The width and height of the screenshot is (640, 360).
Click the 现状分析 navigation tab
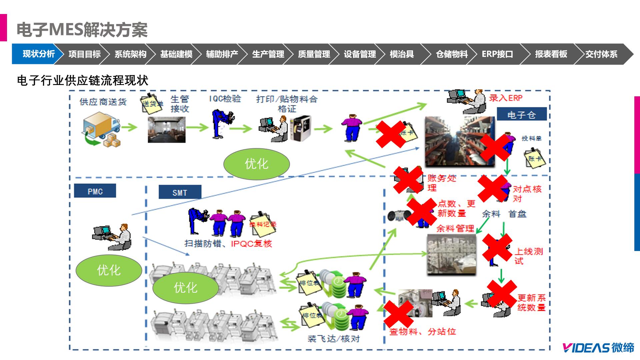tap(38, 54)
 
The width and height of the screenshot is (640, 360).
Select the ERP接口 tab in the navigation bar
tap(497, 54)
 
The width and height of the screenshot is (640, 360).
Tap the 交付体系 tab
tap(601, 54)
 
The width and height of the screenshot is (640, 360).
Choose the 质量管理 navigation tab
tap(314, 54)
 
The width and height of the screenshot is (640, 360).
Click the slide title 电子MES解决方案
tap(82, 30)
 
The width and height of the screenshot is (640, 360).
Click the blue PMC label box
tap(95, 191)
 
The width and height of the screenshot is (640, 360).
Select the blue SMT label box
tap(180, 192)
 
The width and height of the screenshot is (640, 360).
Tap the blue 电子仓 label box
tap(521, 115)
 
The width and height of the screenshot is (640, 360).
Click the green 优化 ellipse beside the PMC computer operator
tap(109, 270)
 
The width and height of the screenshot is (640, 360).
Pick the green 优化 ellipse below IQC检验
tap(256, 164)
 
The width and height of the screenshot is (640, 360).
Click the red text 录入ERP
tap(506, 98)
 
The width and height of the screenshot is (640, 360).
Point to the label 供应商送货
tap(103, 102)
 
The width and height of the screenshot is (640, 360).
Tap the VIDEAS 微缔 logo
tap(598, 348)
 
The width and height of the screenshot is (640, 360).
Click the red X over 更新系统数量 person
tap(502, 294)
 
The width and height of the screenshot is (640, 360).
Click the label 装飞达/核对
tap(334, 339)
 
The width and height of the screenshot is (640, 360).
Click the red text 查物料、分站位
tap(422, 332)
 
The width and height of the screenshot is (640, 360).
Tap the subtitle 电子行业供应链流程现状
tap(83, 81)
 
